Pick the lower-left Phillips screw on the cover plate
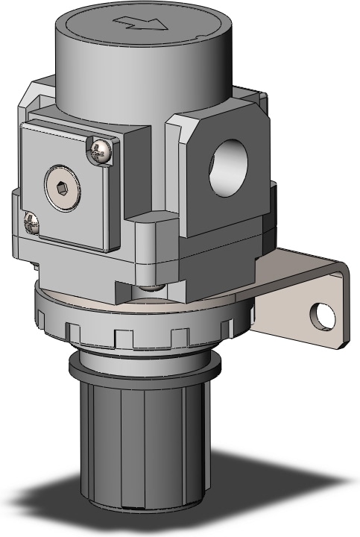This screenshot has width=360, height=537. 31,222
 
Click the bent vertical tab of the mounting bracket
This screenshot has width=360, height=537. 313,306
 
